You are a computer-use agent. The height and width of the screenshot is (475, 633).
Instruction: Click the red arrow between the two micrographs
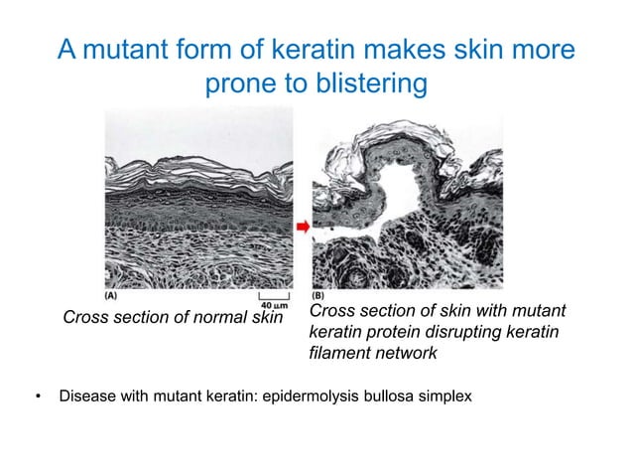303,227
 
